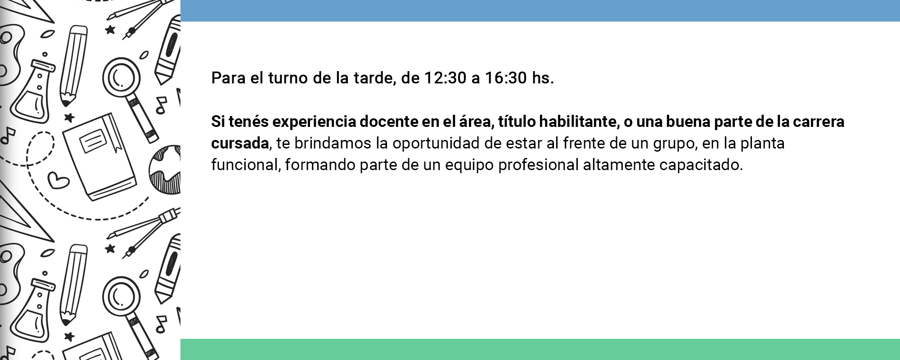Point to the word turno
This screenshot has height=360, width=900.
coord(288,78)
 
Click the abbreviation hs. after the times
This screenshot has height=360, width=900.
coord(543,78)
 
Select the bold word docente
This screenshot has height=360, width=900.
coord(389,121)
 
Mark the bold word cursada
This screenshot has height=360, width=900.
coord(240,143)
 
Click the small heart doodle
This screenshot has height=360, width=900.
coord(58,181)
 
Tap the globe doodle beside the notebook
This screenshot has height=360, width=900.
coord(166,170)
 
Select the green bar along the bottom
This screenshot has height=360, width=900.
coord(540,349)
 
